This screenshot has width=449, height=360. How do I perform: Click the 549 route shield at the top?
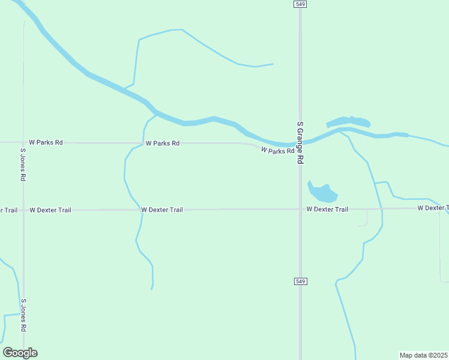[x=301, y=4]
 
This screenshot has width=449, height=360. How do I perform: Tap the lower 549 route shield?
[x=301, y=281]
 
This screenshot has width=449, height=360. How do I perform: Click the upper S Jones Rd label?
[x=23, y=165]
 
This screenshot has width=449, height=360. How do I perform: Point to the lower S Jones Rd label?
[x=23, y=316]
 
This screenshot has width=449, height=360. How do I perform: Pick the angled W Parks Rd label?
[x=277, y=151]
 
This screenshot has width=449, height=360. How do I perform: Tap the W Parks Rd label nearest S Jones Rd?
[x=46, y=143]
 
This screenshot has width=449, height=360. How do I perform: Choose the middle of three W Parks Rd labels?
[x=162, y=143]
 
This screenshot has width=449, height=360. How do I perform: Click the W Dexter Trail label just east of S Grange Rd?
[x=327, y=209]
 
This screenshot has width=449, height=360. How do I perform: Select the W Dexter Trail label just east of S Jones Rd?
[x=50, y=210]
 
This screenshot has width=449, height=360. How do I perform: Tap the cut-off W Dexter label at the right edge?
[x=433, y=208]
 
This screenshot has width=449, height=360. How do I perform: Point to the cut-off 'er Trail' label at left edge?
[x=8, y=210]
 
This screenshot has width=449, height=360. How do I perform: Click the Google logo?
[x=20, y=353]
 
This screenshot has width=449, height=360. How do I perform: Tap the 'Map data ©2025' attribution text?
[x=424, y=355]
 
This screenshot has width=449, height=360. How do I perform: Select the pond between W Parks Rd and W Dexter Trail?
[x=322, y=193]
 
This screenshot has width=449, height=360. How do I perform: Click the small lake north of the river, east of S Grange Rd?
[x=348, y=122]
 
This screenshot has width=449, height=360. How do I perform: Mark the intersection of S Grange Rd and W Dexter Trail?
[x=301, y=209]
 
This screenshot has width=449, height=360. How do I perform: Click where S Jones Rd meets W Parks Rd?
[x=23, y=143]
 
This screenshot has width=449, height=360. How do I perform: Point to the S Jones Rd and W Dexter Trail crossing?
[x=23, y=210]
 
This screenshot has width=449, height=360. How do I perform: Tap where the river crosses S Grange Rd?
[x=301, y=143]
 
